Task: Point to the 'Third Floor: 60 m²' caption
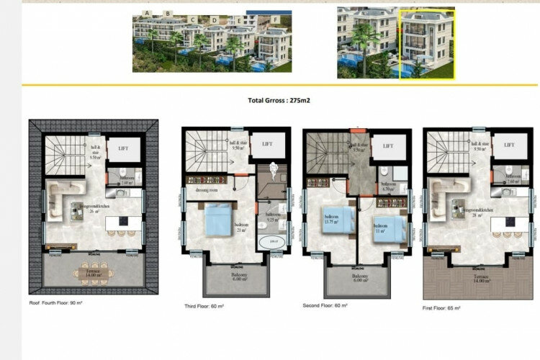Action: pyautogui.click(x=204, y=305)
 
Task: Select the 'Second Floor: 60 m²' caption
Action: pyautogui.click(x=326, y=305)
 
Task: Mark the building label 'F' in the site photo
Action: pyautogui.click(x=276, y=17)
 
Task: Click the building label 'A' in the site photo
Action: pyautogui.click(x=148, y=13)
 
